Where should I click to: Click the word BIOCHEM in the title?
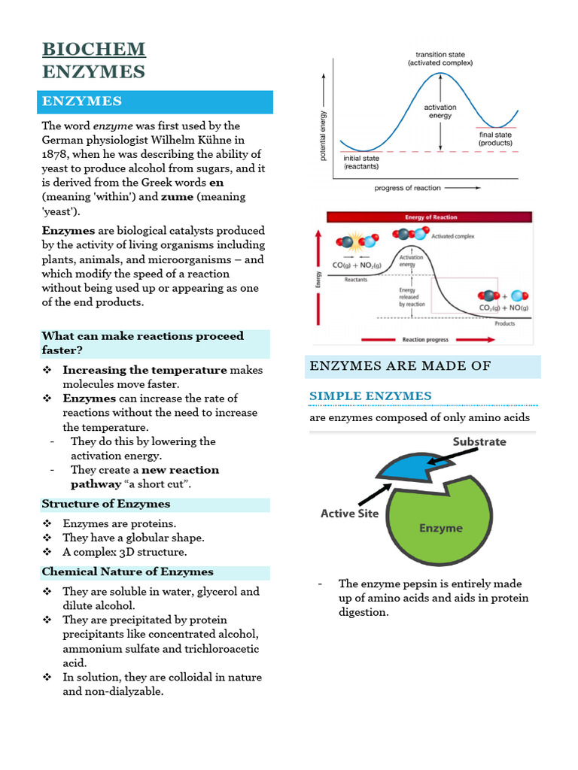pos(94,50)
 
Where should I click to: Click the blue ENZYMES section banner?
pos(157,102)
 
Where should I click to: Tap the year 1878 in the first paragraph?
pos(56,154)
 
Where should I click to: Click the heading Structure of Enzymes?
pos(106,504)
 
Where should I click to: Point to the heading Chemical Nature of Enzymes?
pos(127,571)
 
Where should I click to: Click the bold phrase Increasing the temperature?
pos(144,370)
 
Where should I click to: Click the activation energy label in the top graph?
pos(440,111)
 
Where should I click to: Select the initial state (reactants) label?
pos(363,162)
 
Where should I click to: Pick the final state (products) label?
pos(495,139)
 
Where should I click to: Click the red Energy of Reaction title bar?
pos(429,217)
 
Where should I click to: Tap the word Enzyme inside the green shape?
pos(440,528)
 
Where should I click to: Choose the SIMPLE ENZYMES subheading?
pos(370,396)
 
